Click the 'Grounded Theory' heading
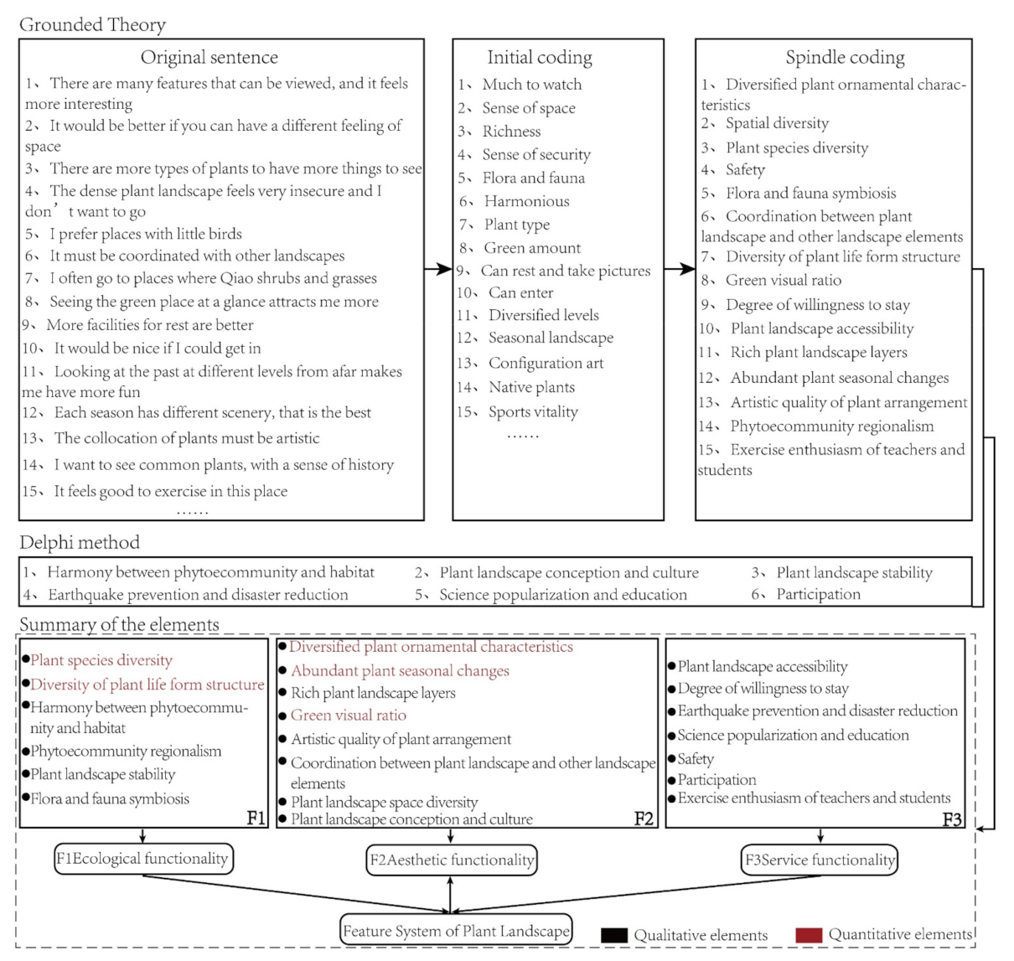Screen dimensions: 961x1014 tap(92, 24)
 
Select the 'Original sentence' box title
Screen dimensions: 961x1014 tap(210, 57)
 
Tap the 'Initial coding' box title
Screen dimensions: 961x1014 tap(540, 57)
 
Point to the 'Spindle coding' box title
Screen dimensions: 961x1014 tap(845, 57)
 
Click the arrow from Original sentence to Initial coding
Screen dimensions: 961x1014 tap(438, 269)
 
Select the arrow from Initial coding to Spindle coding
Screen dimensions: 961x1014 tap(680, 269)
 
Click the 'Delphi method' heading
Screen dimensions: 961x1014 tap(80, 542)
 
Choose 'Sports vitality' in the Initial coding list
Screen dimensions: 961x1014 tap(533, 411)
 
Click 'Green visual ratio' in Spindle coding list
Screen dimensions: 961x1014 tap(784, 280)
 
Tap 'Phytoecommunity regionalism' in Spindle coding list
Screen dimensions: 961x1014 tap(831, 426)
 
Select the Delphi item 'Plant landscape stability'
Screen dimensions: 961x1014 tap(854, 572)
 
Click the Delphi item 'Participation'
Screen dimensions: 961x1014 tap(818, 594)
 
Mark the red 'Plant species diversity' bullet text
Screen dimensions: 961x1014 tap(101, 660)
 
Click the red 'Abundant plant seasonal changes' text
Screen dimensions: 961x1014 tap(400, 670)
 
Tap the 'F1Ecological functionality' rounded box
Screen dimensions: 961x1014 tap(143, 859)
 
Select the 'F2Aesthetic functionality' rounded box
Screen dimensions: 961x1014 tap(452, 860)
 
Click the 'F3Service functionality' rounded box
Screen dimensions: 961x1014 tap(820, 860)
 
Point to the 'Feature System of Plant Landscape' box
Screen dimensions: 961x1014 tap(457, 930)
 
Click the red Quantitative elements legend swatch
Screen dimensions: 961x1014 tap(809, 935)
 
